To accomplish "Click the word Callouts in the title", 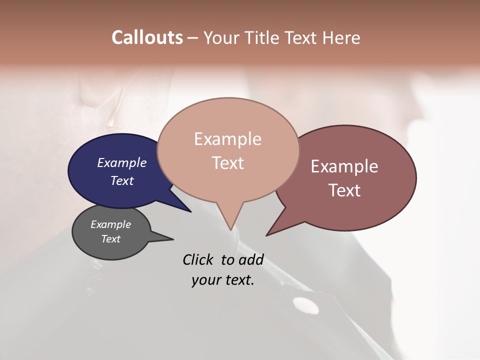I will coord(147,37).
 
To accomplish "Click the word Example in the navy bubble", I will coord(122,162).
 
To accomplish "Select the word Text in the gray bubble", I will coord(111,239).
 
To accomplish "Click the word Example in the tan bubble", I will coord(228,139).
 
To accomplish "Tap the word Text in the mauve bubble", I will coord(344,190).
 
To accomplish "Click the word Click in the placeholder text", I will coord(198,259).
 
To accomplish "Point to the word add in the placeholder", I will coord(251,259).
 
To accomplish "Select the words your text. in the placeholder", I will coord(223,280).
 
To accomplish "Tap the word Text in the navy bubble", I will coord(122,180).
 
